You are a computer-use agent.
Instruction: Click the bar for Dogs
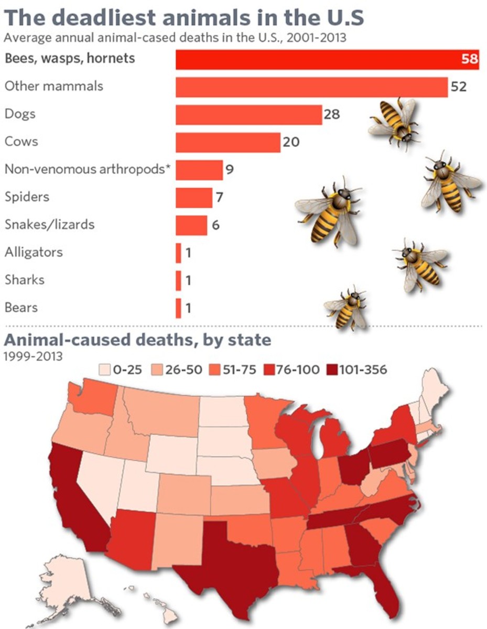click(x=248, y=115)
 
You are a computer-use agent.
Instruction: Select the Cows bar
click(x=228, y=142)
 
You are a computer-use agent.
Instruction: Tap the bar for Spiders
click(x=193, y=198)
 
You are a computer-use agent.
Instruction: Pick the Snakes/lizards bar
click(x=191, y=225)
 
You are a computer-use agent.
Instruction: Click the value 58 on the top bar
click(x=470, y=59)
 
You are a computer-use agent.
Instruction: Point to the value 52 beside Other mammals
click(x=459, y=86)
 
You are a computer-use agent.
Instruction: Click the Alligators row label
click(x=34, y=252)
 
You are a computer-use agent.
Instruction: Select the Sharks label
click(x=25, y=279)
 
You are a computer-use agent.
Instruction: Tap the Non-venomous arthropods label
click(x=89, y=169)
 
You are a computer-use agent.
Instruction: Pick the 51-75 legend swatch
click(x=215, y=370)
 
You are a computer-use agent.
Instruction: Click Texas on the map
click(x=231, y=566)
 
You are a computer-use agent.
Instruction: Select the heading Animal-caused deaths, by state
click(x=137, y=340)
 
